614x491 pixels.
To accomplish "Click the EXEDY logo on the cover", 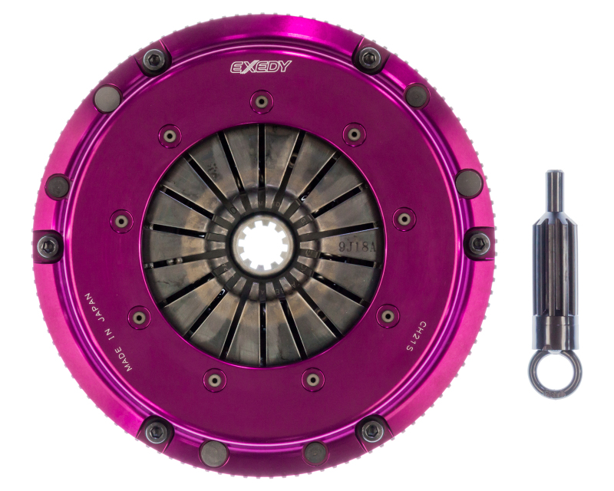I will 262,67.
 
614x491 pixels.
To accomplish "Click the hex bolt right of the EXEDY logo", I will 370,58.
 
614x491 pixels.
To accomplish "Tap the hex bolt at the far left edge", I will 48,245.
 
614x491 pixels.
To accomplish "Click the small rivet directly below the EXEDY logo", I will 262,101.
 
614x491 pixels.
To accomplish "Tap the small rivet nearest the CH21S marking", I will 388,315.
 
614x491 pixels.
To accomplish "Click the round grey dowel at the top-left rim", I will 107,97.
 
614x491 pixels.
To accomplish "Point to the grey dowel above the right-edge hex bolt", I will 468,183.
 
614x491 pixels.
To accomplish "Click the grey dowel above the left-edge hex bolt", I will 58,185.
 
